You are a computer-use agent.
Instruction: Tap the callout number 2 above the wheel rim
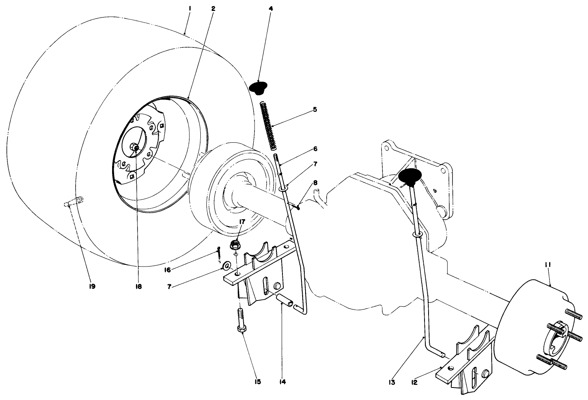(x=213, y=8)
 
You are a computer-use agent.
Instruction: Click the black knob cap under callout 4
(x=259, y=87)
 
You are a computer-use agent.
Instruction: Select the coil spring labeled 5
(x=268, y=126)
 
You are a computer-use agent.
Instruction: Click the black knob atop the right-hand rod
(x=410, y=176)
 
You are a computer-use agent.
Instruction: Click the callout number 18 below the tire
(x=138, y=286)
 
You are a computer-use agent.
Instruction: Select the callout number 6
(x=315, y=149)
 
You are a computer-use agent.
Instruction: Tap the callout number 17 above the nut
(x=242, y=221)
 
